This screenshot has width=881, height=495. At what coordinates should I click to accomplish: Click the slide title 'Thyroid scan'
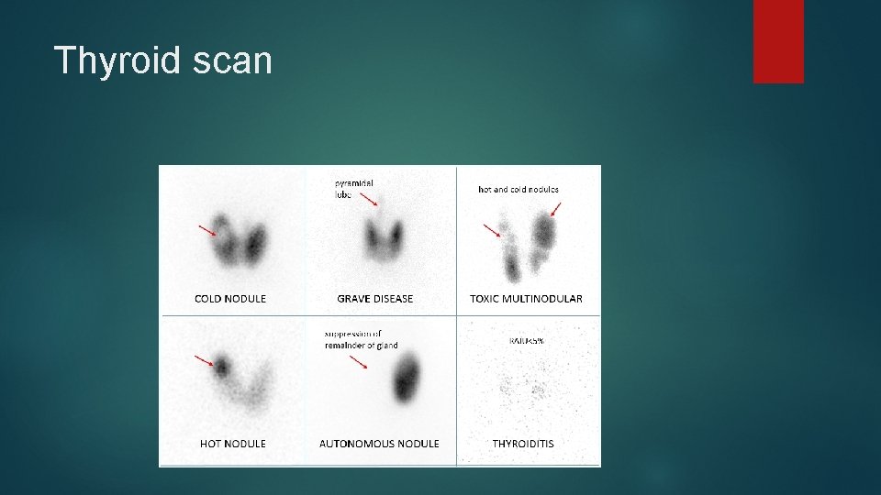point(163,60)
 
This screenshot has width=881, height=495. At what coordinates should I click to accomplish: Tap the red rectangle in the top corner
point(778,41)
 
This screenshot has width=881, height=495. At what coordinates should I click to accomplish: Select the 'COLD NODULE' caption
point(230,299)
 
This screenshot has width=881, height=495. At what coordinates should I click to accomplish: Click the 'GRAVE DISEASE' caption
point(375,299)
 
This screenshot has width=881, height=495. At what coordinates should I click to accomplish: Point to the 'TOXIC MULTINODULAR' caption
point(526,299)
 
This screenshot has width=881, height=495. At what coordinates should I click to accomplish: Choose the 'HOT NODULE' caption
point(233,444)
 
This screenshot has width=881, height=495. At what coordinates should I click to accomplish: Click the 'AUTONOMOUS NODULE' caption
point(379,444)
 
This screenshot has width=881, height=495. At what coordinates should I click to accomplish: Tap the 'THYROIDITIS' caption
point(523,444)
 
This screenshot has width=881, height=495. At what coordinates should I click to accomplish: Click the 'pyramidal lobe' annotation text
point(353,188)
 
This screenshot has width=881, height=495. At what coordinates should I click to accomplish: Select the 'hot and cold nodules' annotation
point(519,190)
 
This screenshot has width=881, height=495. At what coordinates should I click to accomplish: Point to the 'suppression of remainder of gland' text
point(361,339)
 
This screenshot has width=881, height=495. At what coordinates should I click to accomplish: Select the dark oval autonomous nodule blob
point(406,379)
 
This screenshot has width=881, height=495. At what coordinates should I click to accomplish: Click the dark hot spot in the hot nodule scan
point(221,368)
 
